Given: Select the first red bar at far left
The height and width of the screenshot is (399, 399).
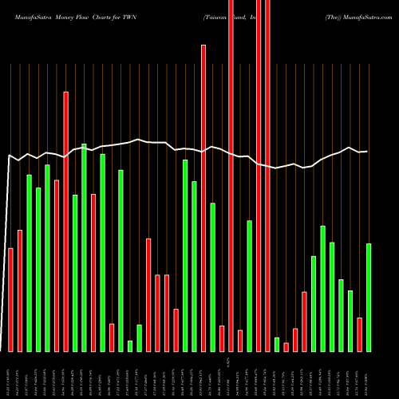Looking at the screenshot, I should [x=11, y=299].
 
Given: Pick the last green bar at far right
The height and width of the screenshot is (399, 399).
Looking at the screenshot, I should [x=369, y=297].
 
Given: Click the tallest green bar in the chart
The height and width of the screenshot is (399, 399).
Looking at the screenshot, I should [x=84, y=247].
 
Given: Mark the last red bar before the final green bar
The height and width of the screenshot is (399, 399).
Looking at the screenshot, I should [x=360, y=334].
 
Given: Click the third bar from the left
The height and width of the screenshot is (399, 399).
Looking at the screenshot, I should [x=30, y=263].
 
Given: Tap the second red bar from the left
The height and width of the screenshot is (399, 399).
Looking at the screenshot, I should [x=20, y=290].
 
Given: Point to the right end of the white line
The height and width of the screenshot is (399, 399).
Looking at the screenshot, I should [x=366, y=152].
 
